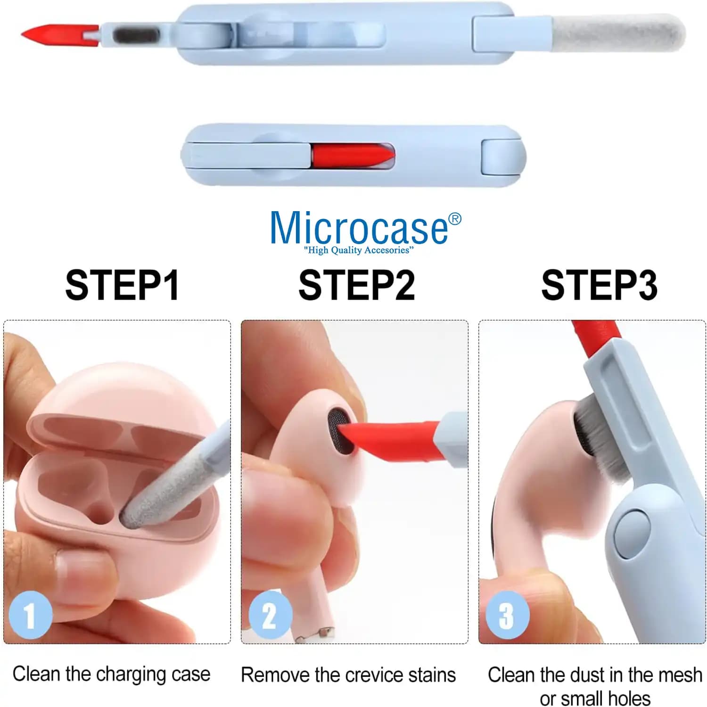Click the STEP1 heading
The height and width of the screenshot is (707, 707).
[122, 285]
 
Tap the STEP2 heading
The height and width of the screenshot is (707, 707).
[357, 285]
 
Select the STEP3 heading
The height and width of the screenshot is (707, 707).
[599, 285]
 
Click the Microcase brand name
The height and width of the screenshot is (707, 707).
[359, 228]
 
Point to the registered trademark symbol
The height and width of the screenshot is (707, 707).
[455, 219]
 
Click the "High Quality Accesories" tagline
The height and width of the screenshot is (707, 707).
[359, 250]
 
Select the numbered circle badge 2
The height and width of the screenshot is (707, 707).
[270, 615]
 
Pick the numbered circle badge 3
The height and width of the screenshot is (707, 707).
[508, 615]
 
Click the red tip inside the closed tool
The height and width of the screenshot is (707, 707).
[353, 155]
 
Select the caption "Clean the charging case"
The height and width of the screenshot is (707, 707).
[111, 674]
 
